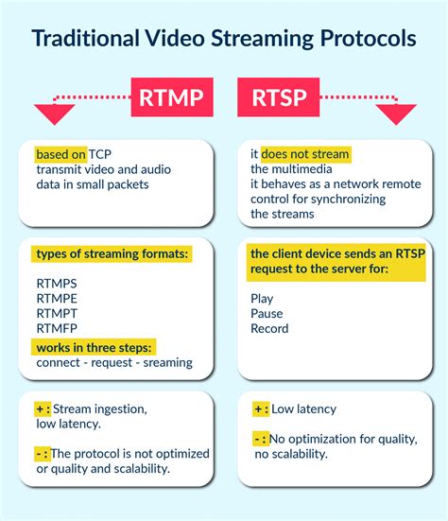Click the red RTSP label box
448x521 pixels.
pyautogui.click(x=279, y=96)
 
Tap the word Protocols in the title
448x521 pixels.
pyautogui.click(x=364, y=40)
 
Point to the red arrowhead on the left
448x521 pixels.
pyautogui.click(x=54, y=114)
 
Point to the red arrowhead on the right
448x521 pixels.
pyautogui.click(x=395, y=114)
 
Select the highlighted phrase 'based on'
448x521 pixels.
pyautogui.click(x=60, y=154)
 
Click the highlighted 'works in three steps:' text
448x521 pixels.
pyautogui.click(x=95, y=347)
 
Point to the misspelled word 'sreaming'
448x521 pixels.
pyautogui.click(x=165, y=362)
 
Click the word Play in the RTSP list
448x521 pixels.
pyautogui.click(x=262, y=298)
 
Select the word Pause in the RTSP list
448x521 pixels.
pyautogui.click(x=267, y=313)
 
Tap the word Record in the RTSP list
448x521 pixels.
pyautogui.click(x=269, y=328)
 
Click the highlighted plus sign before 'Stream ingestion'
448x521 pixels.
pyautogui.click(x=43, y=409)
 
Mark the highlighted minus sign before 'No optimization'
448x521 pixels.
pyautogui.click(x=260, y=439)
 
